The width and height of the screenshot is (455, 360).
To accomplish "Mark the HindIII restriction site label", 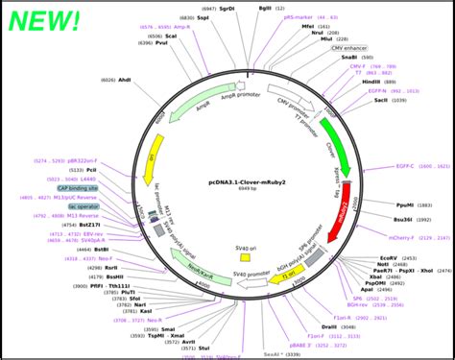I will click(371, 83).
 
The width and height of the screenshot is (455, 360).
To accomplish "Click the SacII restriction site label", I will click(381, 100).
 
